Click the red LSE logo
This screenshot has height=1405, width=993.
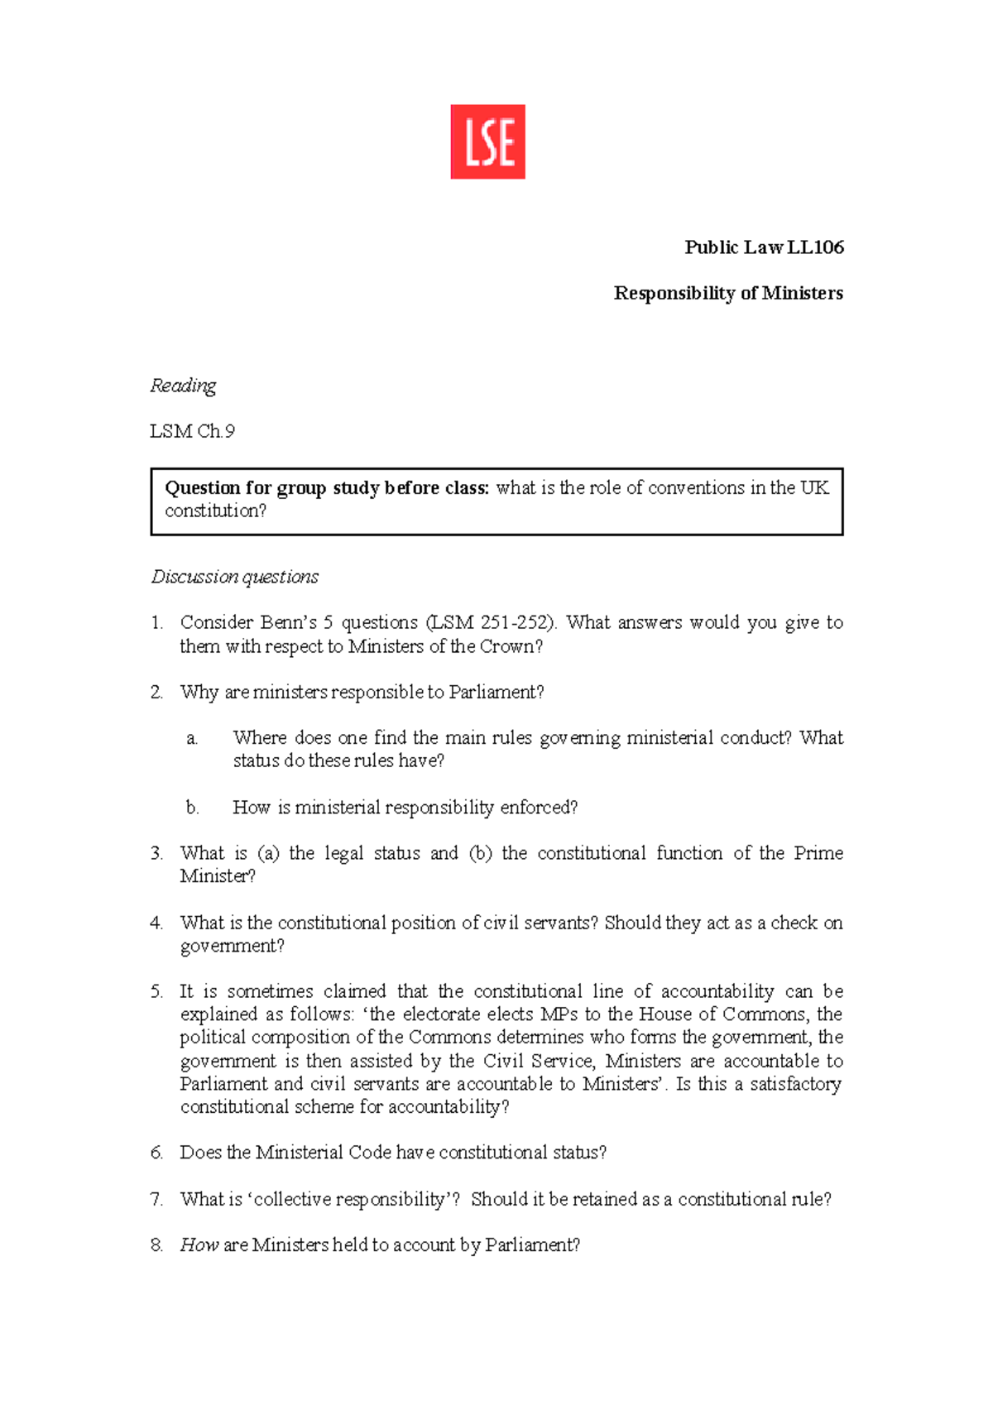click(487, 141)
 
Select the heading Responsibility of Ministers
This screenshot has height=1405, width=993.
click(728, 293)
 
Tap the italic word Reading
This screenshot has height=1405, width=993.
click(183, 386)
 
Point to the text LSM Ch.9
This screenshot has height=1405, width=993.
click(192, 431)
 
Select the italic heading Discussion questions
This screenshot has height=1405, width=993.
click(235, 577)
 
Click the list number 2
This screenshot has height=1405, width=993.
click(156, 693)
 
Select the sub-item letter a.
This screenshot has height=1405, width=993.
click(192, 738)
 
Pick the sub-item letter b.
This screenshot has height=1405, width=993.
click(193, 808)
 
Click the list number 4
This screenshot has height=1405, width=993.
click(156, 923)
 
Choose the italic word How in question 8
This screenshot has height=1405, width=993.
click(199, 1244)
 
